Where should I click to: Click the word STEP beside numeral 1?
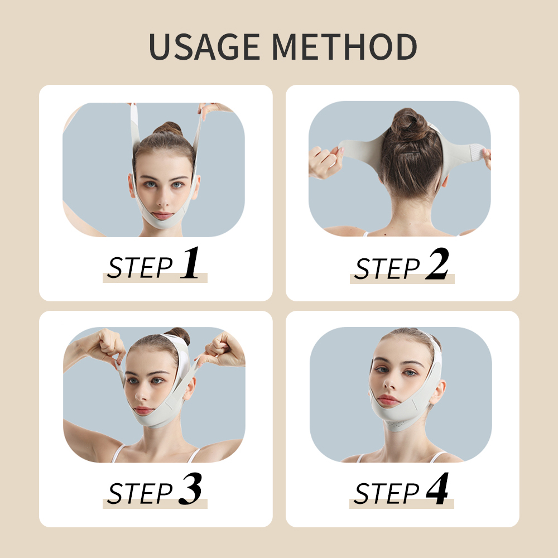tap(140, 268)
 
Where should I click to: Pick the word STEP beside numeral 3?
tap(140, 494)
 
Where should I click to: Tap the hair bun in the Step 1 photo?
tap(167, 129)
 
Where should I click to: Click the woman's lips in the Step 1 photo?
tap(163, 214)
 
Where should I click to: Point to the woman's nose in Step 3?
tap(142, 395)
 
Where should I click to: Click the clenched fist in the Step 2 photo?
tap(325, 162)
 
